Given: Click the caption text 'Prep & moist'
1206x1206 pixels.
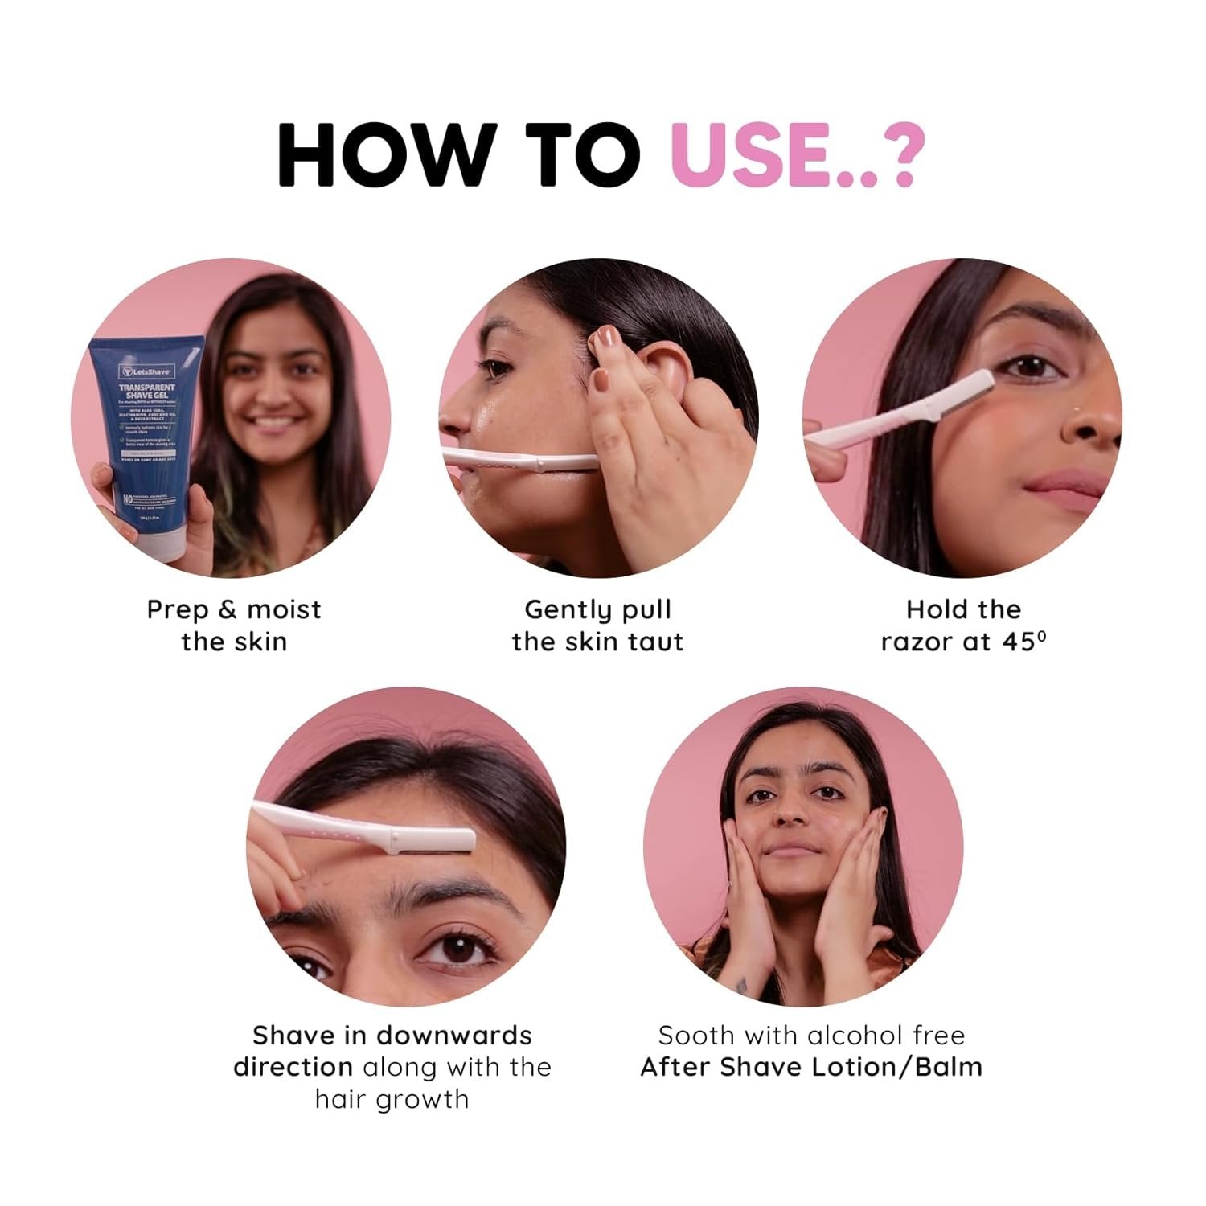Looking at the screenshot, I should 233,609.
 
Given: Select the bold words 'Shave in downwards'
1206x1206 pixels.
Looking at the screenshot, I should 392,1035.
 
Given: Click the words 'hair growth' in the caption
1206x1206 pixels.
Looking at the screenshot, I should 392,1098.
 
